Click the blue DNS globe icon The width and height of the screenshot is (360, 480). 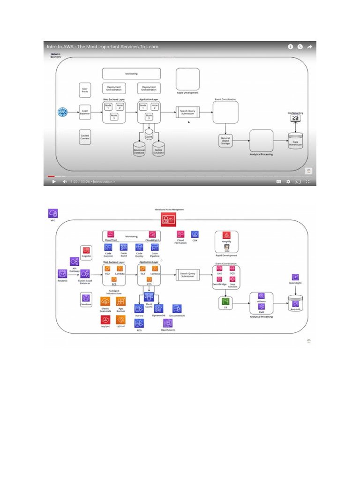pos(62,112)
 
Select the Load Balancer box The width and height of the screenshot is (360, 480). pos(85,112)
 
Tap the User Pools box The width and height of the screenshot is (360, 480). pos(85,90)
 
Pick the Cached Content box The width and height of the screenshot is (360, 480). pos(85,137)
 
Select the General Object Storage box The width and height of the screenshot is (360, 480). pos(225,140)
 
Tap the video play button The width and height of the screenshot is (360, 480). pos(53,181)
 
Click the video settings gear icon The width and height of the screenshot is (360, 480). pos(288,181)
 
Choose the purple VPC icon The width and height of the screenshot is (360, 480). pos(52,214)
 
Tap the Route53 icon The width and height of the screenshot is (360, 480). pos(62,273)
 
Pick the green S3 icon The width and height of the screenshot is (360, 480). pos(226,302)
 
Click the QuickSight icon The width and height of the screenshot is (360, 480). pos(295,277)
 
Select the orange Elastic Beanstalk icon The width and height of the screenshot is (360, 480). pos(105,301)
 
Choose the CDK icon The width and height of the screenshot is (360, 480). pos(195,234)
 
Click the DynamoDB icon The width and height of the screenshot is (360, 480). pos(159,308)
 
